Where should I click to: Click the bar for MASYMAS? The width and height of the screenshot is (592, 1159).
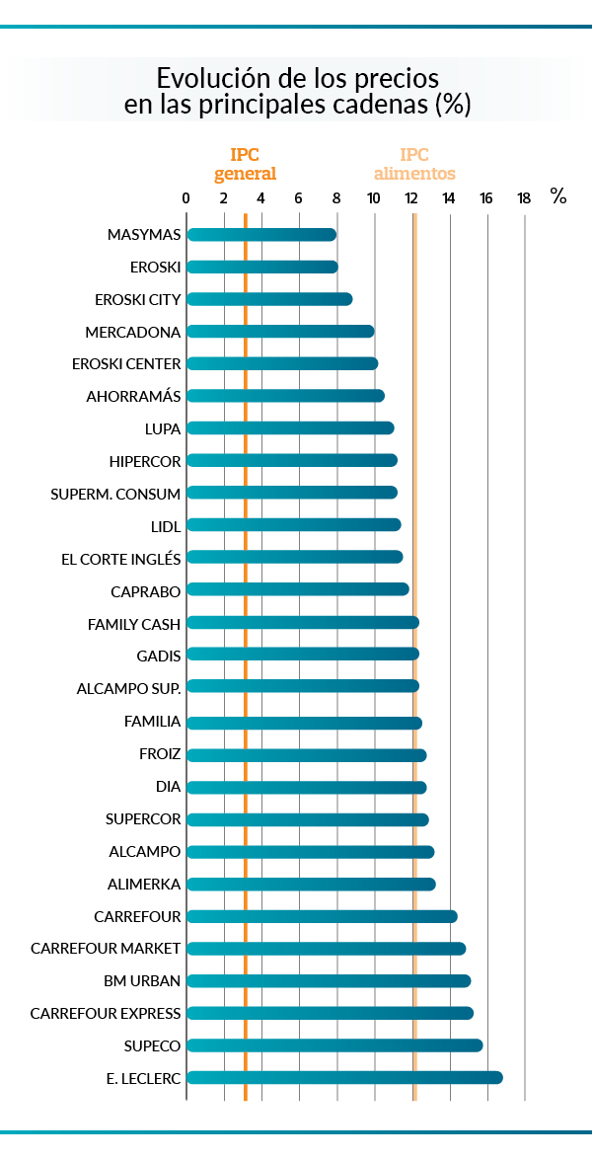[261, 235]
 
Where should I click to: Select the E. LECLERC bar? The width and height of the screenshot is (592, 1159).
[344, 1077]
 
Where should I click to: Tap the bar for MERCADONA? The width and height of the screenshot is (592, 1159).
[280, 332]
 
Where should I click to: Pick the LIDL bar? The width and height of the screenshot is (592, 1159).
[293, 524]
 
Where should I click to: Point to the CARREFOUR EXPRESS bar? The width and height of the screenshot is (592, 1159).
[330, 1013]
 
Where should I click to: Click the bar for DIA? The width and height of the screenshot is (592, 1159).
[306, 788]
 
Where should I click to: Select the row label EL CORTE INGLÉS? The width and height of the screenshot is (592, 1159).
[120, 559]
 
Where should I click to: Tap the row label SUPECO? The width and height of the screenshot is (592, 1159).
[153, 1045]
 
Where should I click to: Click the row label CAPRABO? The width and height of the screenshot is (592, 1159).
[146, 591]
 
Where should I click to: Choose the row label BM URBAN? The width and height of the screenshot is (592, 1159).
[142, 980]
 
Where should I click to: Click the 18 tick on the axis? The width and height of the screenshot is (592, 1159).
[524, 198]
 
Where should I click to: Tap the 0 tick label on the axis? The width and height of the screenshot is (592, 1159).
[186, 198]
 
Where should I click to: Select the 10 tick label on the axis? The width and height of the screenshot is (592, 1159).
[373, 198]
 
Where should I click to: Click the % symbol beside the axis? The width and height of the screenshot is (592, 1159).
[558, 195]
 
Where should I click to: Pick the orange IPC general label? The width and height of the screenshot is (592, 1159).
[245, 164]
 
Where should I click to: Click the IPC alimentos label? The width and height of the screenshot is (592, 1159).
[414, 164]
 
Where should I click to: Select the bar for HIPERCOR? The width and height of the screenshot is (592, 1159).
[291, 460]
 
